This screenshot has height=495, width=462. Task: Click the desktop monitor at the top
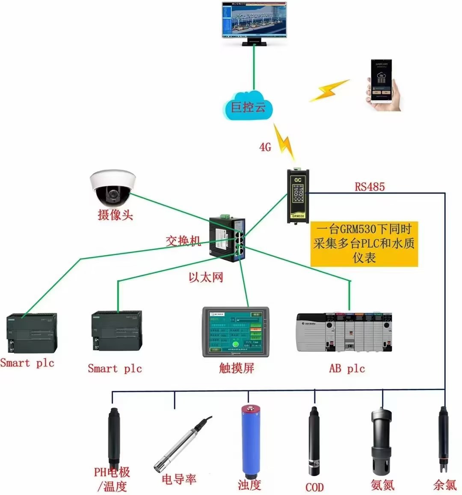pyautogui.click(x=254, y=21)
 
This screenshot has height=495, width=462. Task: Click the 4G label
pyautogui.click(x=265, y=147)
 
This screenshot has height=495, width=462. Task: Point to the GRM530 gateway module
pyautogui.click(x=298, y=196)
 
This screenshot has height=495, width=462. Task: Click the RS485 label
pyautogui.click(x=370, y=187)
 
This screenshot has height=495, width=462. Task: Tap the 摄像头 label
pyautogui.click(x=115, y=215)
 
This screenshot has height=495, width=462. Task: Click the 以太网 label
pyautogui.click(x=206, y=277)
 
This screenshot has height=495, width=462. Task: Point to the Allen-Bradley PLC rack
pyautogui.click(x=344, y=332)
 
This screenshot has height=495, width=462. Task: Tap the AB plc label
pyautogui.click(x=346, y=368)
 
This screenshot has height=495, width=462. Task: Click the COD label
pyautogui.click(x=314, y=487)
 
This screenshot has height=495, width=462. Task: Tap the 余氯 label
pyautogui.click(x=445, y=485)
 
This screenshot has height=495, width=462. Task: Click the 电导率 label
pyautogui.click(x=179, y=479)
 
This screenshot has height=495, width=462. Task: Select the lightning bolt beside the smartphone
pyautogui.click(x=329, y=90)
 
